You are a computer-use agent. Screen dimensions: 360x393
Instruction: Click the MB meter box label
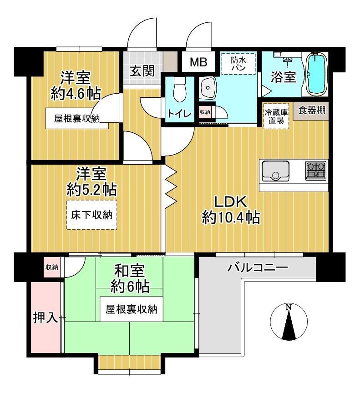(198, 62)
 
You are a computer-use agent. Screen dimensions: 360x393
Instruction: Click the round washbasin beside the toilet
(208, 88)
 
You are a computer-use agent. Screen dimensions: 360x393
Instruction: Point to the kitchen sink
(275, 171)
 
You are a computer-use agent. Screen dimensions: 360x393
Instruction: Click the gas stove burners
(316, 171)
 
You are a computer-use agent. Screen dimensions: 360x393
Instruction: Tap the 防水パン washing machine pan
(238, 64)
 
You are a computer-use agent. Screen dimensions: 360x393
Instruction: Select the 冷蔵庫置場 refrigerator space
(276, 116)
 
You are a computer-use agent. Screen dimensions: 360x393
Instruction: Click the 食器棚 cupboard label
(312, 110)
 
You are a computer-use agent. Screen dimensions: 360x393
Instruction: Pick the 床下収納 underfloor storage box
(92, 215)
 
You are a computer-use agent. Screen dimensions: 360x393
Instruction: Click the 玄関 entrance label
(142, 71)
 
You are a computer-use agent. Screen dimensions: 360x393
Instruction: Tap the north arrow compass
(289, 322)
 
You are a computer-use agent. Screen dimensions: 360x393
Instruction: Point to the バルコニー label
(258, 267)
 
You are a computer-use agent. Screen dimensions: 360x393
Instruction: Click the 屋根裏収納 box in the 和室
(132, 309)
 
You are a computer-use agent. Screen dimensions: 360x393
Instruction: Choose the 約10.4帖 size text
(231, 217)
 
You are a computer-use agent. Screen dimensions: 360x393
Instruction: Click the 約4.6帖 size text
(76, 94)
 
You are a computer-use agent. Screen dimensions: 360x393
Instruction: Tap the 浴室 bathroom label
(283, 77)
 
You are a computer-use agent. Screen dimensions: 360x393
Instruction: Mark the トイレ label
(179, 114)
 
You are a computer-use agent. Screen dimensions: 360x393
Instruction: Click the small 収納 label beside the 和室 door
(52, 267)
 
